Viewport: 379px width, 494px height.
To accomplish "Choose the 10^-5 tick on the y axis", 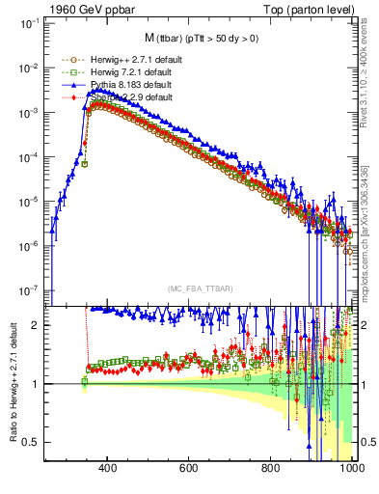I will [29, 202].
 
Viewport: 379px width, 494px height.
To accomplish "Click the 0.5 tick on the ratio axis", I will [33, 442].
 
